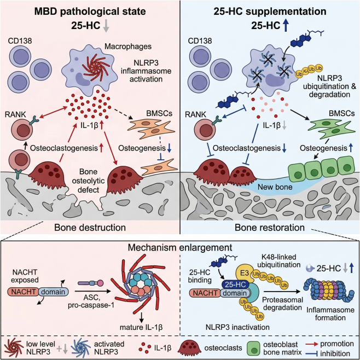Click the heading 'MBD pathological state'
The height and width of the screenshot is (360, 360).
pos(89,11)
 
